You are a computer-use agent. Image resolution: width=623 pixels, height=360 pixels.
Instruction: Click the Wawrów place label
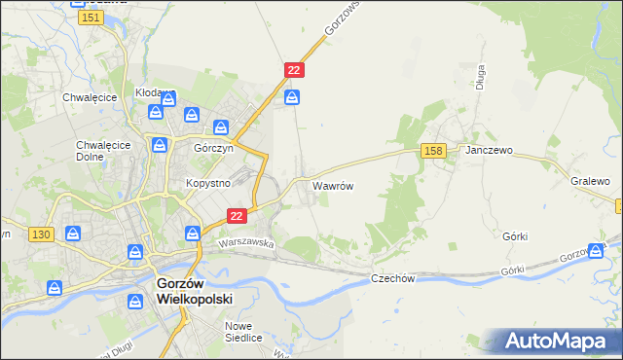point(332,184)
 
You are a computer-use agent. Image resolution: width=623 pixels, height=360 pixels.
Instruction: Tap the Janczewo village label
point(489,152)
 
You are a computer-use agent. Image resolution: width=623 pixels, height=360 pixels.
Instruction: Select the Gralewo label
point(591,182)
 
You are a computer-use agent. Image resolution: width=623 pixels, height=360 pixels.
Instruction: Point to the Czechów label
point(393,278)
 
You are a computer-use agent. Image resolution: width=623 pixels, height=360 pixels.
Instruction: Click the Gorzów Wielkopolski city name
point(195,292)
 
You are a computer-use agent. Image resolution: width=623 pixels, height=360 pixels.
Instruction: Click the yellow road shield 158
point(434,150)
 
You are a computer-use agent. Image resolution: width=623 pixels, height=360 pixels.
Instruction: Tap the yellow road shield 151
point(92,18)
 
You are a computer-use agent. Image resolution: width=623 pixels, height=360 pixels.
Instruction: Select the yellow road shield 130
point(41,234)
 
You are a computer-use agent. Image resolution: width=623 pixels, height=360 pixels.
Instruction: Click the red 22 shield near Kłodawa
point(295,70)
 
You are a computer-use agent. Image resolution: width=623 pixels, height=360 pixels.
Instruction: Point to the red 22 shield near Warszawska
point(236,215)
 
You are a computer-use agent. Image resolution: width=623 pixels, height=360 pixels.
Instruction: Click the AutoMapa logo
point(555,341)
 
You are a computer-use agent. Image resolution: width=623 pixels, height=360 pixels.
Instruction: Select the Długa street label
point(481,80)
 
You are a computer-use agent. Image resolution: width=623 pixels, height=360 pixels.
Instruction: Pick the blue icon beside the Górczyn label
point(222,126)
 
